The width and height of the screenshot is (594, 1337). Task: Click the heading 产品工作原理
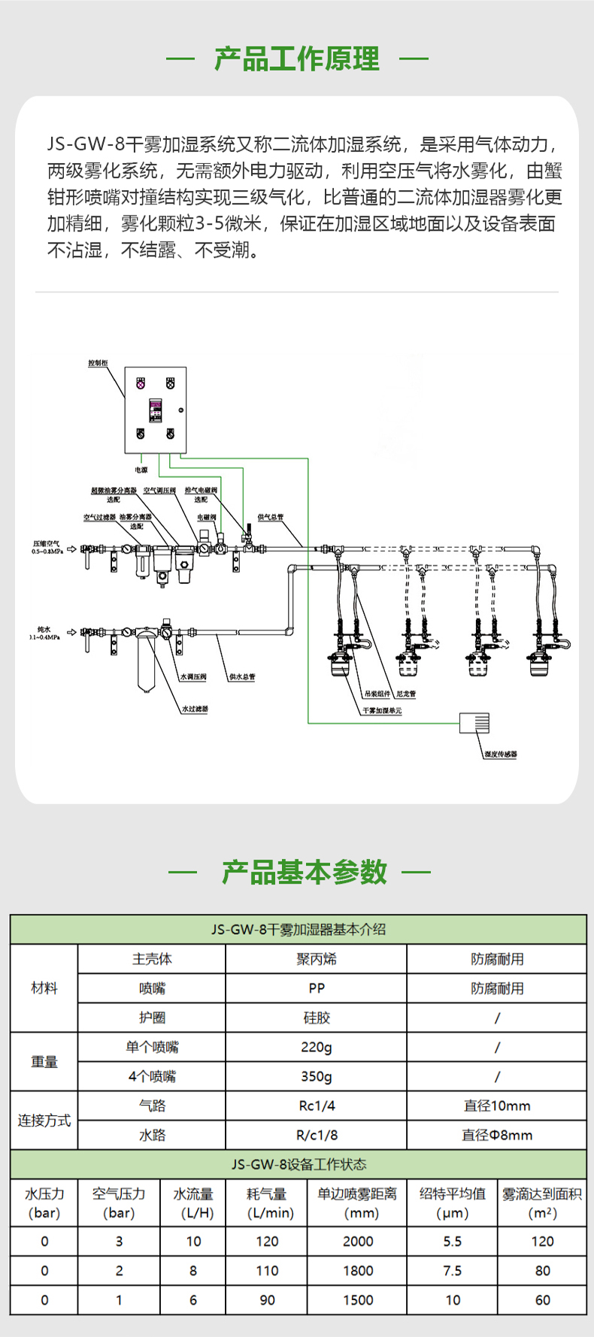click(x=297, y=59)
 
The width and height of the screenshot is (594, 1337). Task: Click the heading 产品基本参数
click(x=304, y=872)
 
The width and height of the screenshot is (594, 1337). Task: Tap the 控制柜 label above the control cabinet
click(x=98, y=363)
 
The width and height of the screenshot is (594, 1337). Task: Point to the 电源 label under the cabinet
click(x=141, y=470)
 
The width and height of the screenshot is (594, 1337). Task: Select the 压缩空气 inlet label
click(x=47, y=546)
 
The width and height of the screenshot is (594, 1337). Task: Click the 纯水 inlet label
click(x=44, y=630)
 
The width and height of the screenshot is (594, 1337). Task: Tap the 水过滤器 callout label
click(x=195, y=709)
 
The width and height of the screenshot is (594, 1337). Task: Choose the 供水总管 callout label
click(x=242, y=676)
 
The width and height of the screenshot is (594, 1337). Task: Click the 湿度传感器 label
click(x=501, y=754)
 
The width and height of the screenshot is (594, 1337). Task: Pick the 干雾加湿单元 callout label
click(x=382, y=710)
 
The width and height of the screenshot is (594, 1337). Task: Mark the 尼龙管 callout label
click(x=406, y=694)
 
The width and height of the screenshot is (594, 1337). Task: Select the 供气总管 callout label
click(x=271, y=517)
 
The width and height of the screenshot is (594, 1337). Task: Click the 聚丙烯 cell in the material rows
click(x=317, y=959)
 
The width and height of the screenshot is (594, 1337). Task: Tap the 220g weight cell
click(x=317, y=1047)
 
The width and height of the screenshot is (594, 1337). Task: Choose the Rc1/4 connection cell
click(x=317, y=1106)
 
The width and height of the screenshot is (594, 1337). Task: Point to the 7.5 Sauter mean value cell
click(x=453, y=1270)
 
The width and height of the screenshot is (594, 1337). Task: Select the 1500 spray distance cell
click(x=358, y=1299)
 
